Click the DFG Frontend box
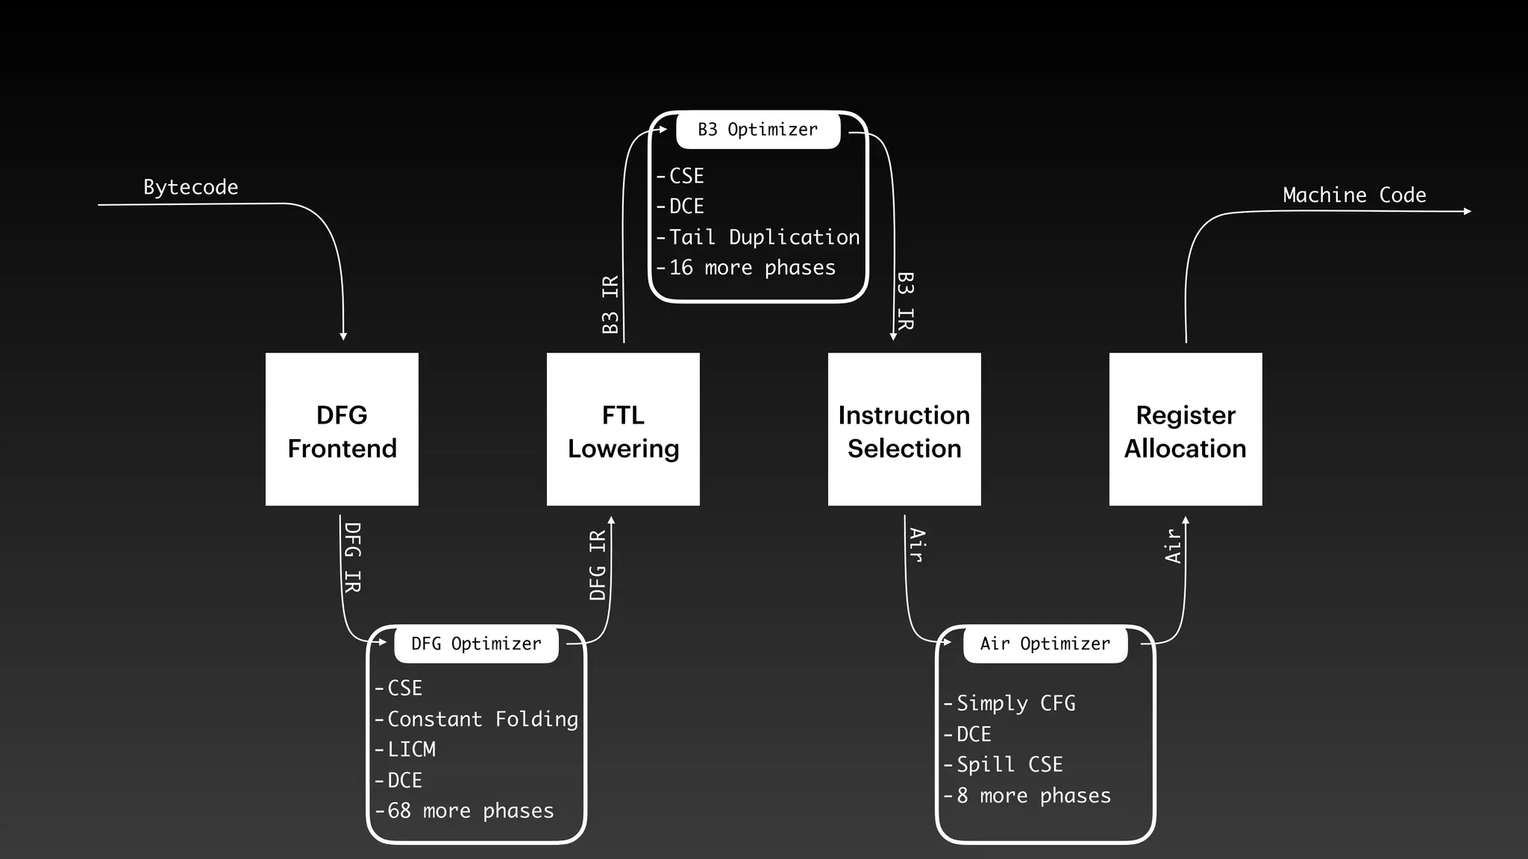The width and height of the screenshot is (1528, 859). click(x=342, y=429)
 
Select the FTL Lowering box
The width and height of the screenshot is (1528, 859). click(x=623, y=429)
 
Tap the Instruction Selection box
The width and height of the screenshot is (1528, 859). click(x=904, y=429)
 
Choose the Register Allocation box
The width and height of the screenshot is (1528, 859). click(x=1186, y=429)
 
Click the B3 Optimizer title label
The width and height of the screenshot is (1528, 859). click(x=758, y=130)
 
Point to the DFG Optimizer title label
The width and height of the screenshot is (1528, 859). click(x=476, y=644)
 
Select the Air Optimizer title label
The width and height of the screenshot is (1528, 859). click(x=1045, y=644)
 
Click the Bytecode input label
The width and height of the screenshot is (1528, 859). click(x=190, y=187)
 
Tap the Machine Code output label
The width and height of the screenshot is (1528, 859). click(x=1354, y=195)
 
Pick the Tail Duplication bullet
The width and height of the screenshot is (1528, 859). click(x=763, y=237)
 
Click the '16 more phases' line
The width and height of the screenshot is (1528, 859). click(x=751, y=268)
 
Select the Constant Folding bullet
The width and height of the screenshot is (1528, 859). click(x=482, y=719)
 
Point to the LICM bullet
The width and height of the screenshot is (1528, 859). click(x=410, y=749)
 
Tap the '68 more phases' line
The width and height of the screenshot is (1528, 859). click(x=470, y=811)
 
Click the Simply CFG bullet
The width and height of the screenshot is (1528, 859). click(x=1015, y=703)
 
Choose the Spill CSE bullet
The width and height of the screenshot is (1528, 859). click(x=1009, y=764)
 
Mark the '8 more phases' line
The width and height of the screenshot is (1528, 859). click(x=1033, y=796)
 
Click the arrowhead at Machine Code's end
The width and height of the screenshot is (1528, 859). click(x=1467, y=212)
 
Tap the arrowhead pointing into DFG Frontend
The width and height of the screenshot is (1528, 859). click(x=343, y=336)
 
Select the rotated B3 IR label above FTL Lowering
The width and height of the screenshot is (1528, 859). click(x=610, y=304)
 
